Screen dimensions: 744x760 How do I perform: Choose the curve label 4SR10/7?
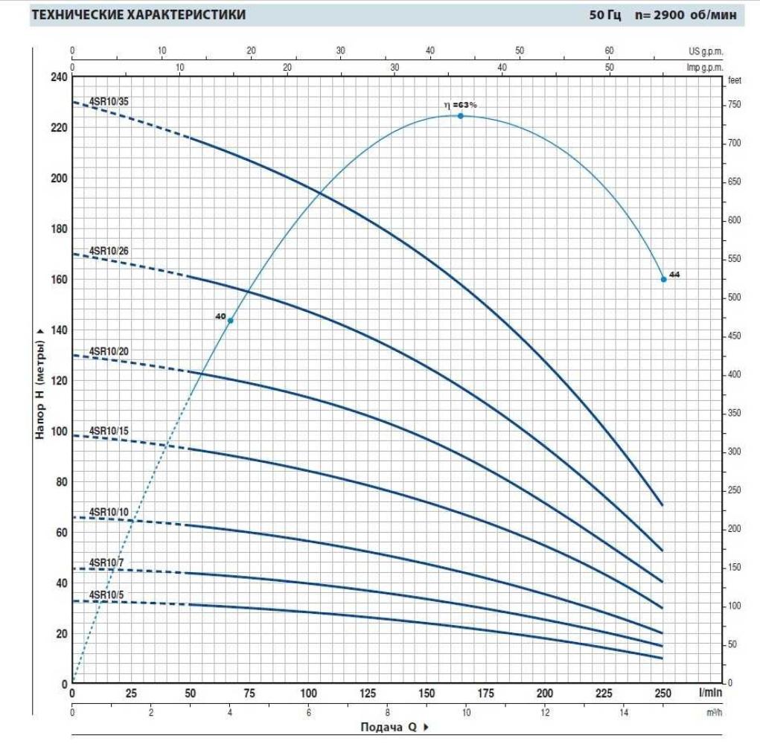pos(106,562)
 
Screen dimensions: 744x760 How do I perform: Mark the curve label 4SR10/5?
pos(106,594)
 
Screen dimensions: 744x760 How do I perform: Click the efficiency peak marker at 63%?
pos(460,116)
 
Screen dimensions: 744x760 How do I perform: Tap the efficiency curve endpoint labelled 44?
pos(663,279)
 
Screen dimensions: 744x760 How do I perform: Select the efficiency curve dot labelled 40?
pos(230,321)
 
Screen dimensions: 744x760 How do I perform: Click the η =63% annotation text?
pos(459,105)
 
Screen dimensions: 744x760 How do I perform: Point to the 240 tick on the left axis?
pos(58,77)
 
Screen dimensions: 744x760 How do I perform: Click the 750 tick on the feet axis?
pos(735,105)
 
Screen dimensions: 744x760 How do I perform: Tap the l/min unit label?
pos(709,693)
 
